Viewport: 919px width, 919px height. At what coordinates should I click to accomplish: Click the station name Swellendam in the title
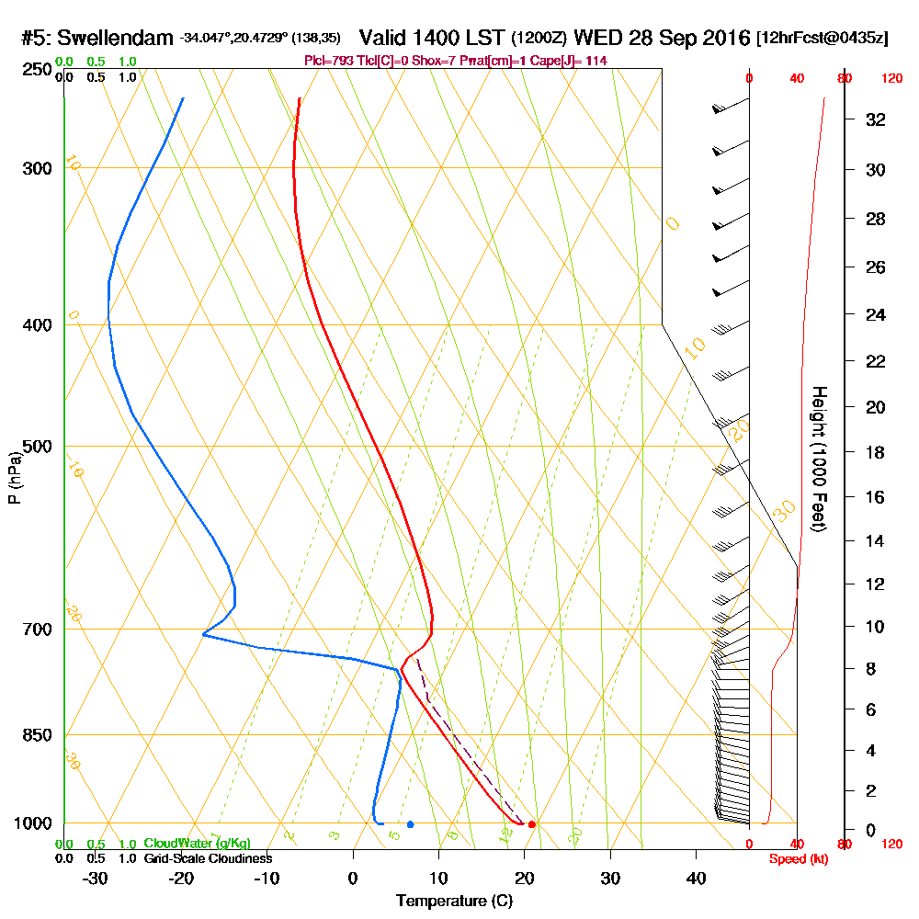click(x=117, y=39)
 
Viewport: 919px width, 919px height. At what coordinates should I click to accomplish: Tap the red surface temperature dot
click(x=532, y=824)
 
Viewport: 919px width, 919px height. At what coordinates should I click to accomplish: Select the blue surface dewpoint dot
click(x=410, y=824)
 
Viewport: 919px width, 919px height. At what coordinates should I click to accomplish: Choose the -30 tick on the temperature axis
click(x=95, y=879)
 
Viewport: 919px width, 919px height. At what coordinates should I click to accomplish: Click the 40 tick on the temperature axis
click(x=696, y=879)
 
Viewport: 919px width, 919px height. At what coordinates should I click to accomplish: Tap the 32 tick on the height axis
click(x=876, y=119)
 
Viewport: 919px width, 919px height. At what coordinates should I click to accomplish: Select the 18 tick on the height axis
click(x=876, y=453)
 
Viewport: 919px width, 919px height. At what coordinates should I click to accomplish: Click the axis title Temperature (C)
click(x=454, y=902)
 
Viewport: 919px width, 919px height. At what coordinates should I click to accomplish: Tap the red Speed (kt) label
click(x=796, y=858)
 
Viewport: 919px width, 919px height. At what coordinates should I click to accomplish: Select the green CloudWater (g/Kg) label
click(x=197, y=844)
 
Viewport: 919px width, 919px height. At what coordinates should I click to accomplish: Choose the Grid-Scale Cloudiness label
click(x=208, y=858)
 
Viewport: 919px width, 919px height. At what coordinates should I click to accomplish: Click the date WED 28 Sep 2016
click(x=661, y=39)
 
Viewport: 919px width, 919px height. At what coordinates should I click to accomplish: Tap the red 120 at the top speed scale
click(x=891, y=79)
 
